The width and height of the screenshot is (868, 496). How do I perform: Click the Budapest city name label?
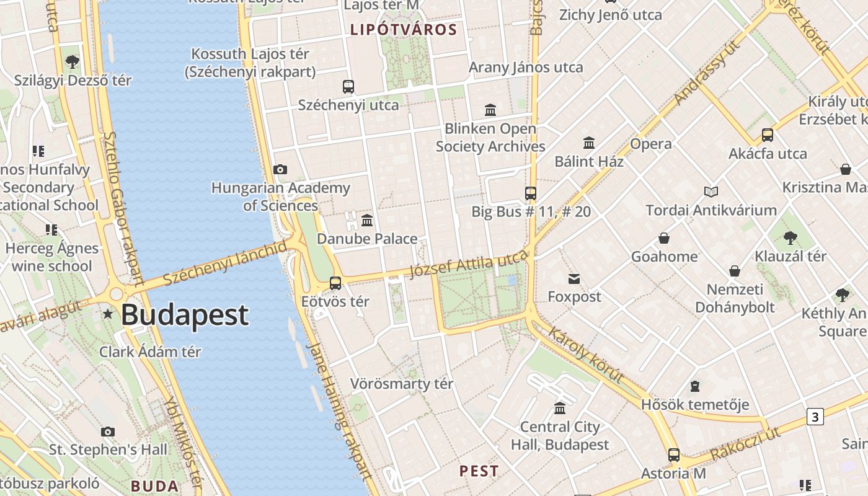[185, 315]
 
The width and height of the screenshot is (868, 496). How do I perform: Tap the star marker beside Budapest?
[108, 314]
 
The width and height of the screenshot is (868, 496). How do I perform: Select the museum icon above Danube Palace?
[367, 220]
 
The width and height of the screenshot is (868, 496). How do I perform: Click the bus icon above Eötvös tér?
[335, 283]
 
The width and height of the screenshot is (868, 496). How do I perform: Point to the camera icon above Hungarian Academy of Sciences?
[280, 169]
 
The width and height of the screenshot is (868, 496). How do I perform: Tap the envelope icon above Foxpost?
[574, 279]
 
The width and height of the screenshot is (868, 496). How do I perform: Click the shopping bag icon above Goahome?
[664, 238]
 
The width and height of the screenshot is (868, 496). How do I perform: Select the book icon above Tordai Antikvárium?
[711, 192]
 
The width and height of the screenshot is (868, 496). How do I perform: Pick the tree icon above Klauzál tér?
[790, 237]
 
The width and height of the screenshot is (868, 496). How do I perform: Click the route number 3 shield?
[815, 417]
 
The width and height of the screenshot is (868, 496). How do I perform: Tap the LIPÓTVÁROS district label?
[404, 30]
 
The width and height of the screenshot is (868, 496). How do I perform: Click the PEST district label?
[479, 471]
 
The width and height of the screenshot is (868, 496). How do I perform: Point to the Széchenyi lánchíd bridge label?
[226, 263]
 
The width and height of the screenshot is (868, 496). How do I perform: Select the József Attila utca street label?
[469, 264]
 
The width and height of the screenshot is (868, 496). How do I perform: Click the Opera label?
[651, 144]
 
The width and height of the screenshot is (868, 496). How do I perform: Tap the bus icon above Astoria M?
[674, 455]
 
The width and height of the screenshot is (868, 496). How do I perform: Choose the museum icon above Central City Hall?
[560, 408]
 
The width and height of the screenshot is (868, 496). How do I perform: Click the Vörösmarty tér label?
[402, 384]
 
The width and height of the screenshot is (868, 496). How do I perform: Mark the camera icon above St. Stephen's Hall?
[108, 432]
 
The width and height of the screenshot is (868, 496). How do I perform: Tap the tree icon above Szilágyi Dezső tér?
[73, 61]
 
